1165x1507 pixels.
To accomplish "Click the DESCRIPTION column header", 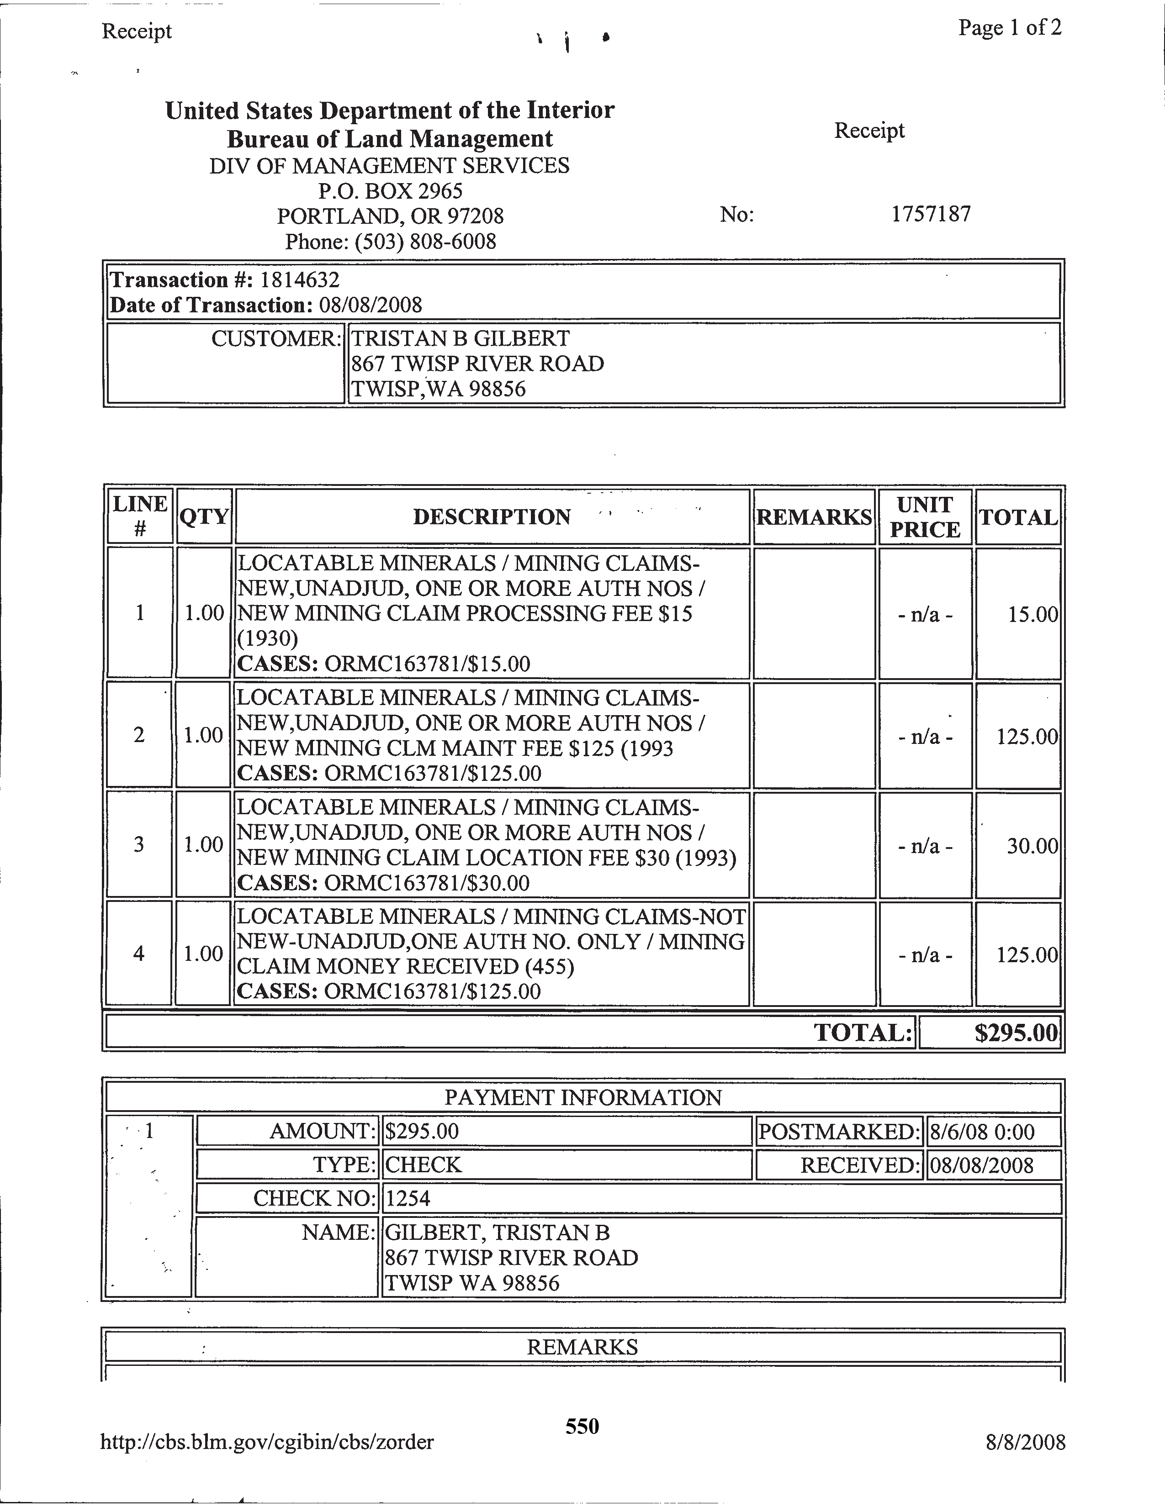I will (x=492, y=517).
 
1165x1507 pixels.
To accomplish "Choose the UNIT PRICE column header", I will (x=925, y=517).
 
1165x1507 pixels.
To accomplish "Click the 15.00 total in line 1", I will (x=1033, y=614).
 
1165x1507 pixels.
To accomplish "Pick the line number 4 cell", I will (x=139, y=954).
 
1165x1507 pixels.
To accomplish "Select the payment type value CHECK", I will (x=423, y=1165).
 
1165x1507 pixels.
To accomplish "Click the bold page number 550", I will (x=582, y=1426).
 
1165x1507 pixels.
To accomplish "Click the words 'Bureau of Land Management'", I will (x=390, y=139).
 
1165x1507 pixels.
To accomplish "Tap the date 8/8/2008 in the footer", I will (x=1026, y=1442).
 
